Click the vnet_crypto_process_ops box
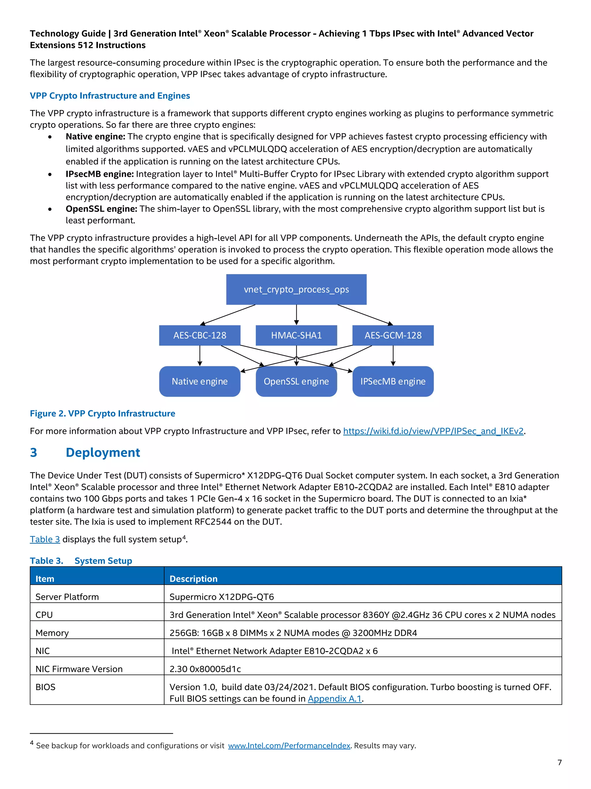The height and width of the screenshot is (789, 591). pos(296,289)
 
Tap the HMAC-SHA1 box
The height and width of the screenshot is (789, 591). pos(296,335)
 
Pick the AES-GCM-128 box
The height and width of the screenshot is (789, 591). pos(393,335)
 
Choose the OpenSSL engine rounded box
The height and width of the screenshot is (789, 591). pos(296,381)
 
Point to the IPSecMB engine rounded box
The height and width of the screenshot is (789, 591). pos(393,381)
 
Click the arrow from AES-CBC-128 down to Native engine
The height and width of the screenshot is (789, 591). pos(200,356)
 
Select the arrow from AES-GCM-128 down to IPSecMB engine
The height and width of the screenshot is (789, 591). pos(393,356)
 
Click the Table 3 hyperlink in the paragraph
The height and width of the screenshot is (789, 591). pos(45,539)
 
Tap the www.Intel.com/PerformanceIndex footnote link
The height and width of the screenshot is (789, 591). pos(289,745)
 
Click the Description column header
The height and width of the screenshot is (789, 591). pos(193,579)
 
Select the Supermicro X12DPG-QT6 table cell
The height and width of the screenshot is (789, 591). pos(222,597)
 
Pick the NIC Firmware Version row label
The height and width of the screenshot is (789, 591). pos(79,669)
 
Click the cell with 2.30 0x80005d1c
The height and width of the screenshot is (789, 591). pos(205,669)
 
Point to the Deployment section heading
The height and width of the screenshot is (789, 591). pos(103,452)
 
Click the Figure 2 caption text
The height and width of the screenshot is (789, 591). pos(103,413)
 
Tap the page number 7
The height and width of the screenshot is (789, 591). pos(559,762)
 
